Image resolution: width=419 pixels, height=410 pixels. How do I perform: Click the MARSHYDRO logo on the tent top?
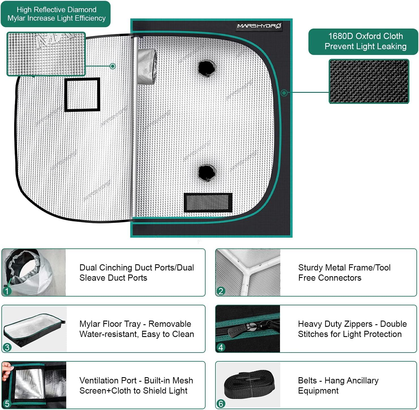click(259, 26)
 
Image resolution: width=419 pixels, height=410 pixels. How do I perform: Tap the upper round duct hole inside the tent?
click(207, 68)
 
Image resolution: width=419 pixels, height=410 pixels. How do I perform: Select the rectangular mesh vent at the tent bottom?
click(208, 202)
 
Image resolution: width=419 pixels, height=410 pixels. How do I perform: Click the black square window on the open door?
click(82, 95)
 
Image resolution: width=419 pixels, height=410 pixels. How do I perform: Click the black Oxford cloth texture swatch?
click(369, 81)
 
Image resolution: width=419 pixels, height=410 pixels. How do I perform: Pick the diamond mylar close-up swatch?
click(46, 54)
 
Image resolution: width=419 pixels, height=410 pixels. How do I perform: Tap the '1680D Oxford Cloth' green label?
click(363, 41)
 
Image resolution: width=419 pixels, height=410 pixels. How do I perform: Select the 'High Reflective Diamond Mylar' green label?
click(55, 14)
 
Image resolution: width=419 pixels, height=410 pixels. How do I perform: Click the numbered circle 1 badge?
click(7, 291)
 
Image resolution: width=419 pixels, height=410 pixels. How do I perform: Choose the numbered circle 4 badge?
click(221, 347)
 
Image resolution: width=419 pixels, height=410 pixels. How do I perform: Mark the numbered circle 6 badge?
click(221, 403)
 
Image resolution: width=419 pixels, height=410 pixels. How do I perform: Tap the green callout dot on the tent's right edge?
click(284, 93)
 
